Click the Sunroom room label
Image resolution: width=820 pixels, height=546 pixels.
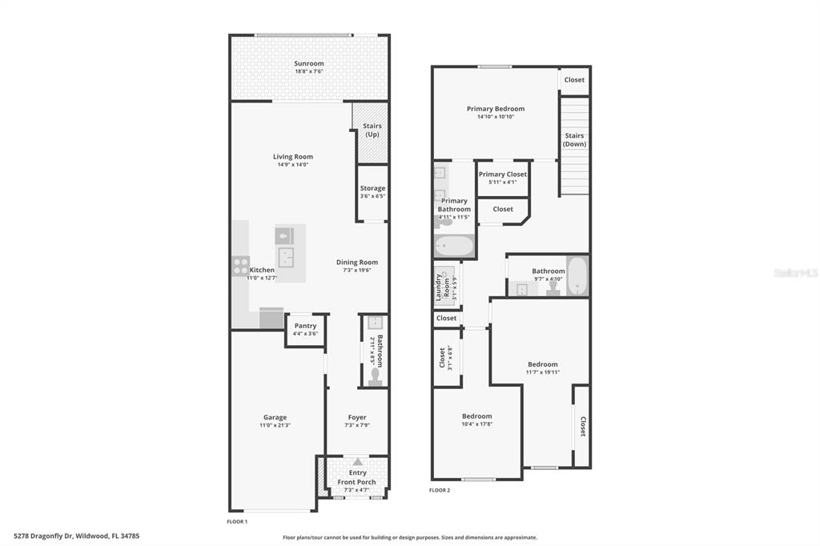coord(308,63)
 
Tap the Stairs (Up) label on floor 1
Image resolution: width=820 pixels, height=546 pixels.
coord(372,130)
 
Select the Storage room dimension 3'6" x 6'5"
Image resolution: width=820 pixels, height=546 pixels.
coord(372,196)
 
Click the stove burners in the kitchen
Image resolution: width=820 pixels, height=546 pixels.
coord(240,267)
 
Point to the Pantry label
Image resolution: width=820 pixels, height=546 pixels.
coord(305,325)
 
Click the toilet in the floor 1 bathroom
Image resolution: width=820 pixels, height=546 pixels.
coord(375,376)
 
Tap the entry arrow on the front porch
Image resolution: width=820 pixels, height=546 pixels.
coord(357,462)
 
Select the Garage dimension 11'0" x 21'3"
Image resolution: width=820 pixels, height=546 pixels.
coord(275,425)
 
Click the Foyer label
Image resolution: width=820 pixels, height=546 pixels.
coord(357,417)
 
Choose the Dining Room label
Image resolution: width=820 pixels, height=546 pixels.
coord(357,262)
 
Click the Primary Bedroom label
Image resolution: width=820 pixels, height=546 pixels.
coord(496,109)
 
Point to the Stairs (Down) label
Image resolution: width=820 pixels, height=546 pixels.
coord(574,139)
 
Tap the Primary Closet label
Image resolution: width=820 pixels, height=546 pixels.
coord(503,175)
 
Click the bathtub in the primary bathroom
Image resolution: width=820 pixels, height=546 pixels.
coord(454,246)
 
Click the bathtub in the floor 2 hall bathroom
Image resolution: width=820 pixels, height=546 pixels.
coord(578,275)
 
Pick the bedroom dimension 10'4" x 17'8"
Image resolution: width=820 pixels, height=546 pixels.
coord(477,424)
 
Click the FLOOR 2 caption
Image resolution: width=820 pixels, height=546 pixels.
coord(440,490)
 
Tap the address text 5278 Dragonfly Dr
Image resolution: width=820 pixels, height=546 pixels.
coord(45,536)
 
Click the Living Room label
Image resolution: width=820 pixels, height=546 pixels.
coord(293,156)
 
